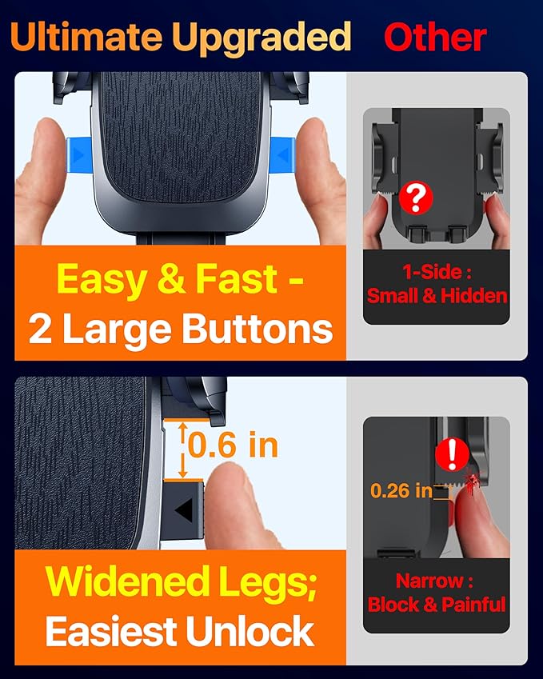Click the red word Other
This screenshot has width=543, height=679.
pyautogui.click(x=435, y=38)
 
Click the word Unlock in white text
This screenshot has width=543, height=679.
pyautogui.click(x=258, y=632)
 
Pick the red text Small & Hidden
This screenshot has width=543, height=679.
pyautogui.click(x=437, y=295)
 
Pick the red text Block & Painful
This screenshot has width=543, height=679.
pyautogui.click(x=437, y=604)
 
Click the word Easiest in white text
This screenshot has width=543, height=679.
pyautogui.click(x=118, y=632)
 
